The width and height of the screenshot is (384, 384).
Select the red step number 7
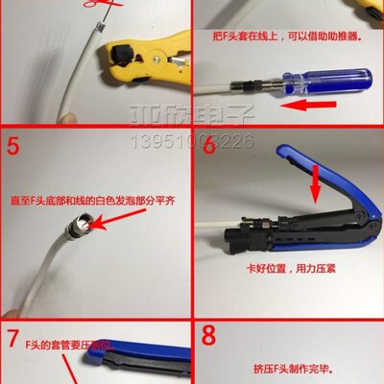point(13,339)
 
